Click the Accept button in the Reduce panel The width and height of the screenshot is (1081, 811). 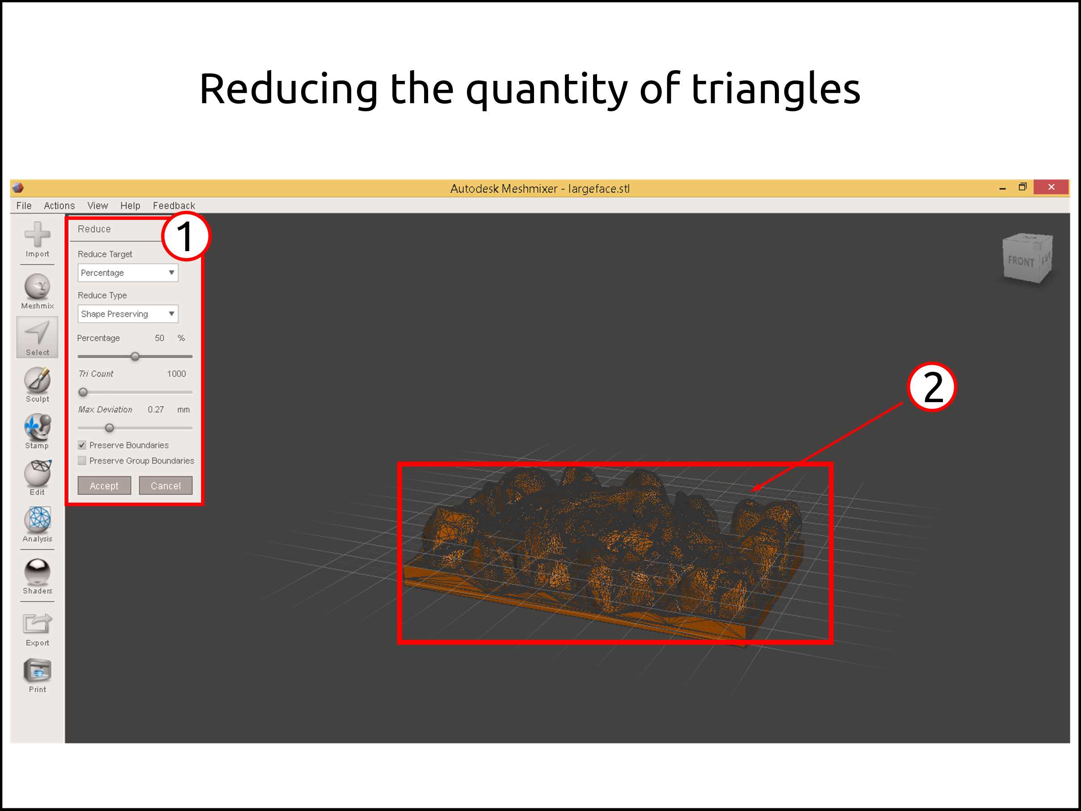click(104, 486)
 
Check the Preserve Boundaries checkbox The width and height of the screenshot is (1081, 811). click(82, 445)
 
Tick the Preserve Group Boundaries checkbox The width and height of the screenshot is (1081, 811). click(82, 461)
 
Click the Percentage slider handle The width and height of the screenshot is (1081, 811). click(135, 357)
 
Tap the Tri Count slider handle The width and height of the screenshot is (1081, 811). click(83, 392)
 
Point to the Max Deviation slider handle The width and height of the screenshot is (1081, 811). click(109, 428)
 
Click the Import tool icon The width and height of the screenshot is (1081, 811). click(38, 235)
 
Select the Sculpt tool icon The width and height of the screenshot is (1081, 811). click(38, 380)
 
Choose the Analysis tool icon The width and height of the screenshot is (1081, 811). click(38, 519)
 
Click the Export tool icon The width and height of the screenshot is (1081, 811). click(38, 624)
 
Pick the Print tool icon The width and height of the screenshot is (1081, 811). click(38, 670)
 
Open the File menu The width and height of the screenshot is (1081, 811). click(24, 206)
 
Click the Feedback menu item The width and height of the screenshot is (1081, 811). click(174, 206)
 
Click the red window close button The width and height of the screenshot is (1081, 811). click(1051, 187)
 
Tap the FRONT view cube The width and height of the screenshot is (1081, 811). click(1027, 258)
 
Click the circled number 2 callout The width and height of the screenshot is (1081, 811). click(931, 387)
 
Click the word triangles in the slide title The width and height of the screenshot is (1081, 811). click(776, 89)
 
